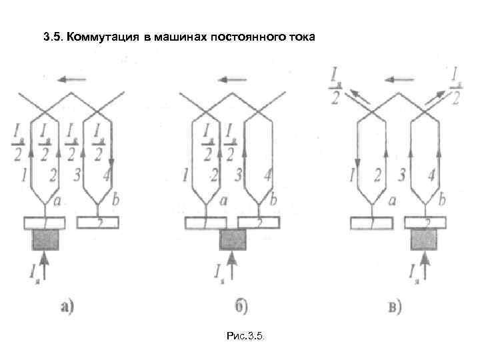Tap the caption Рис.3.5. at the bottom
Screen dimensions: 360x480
pos(245,338)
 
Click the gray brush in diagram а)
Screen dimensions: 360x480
pos(45,239)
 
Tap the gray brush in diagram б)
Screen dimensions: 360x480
pos(233,239)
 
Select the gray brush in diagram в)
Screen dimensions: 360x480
pos(425,239)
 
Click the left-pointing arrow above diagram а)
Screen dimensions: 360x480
pos(71,80)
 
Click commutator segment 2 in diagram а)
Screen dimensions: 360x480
pos(99,222)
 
